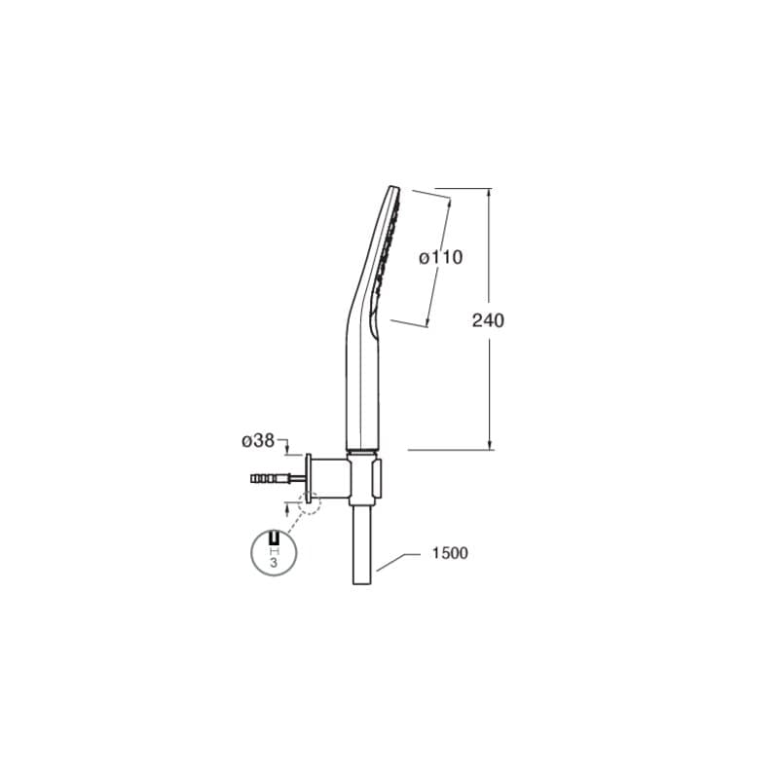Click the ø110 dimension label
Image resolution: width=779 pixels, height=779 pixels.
click(x=440, y=257)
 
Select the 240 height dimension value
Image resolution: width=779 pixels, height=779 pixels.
click(x=488, y=320)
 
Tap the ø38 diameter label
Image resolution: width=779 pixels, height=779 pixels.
click(x=258, y=440)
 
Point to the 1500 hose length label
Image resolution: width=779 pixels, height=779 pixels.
click(x=450, y=553)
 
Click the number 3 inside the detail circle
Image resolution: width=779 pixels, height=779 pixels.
click(x=274, y=563)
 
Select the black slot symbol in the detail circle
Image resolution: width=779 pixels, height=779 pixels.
click(x=274, y=538)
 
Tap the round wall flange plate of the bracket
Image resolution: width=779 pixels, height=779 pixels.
click(x=309, y=477)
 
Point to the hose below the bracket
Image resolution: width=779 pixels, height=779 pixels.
click(x=361, y=545)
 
